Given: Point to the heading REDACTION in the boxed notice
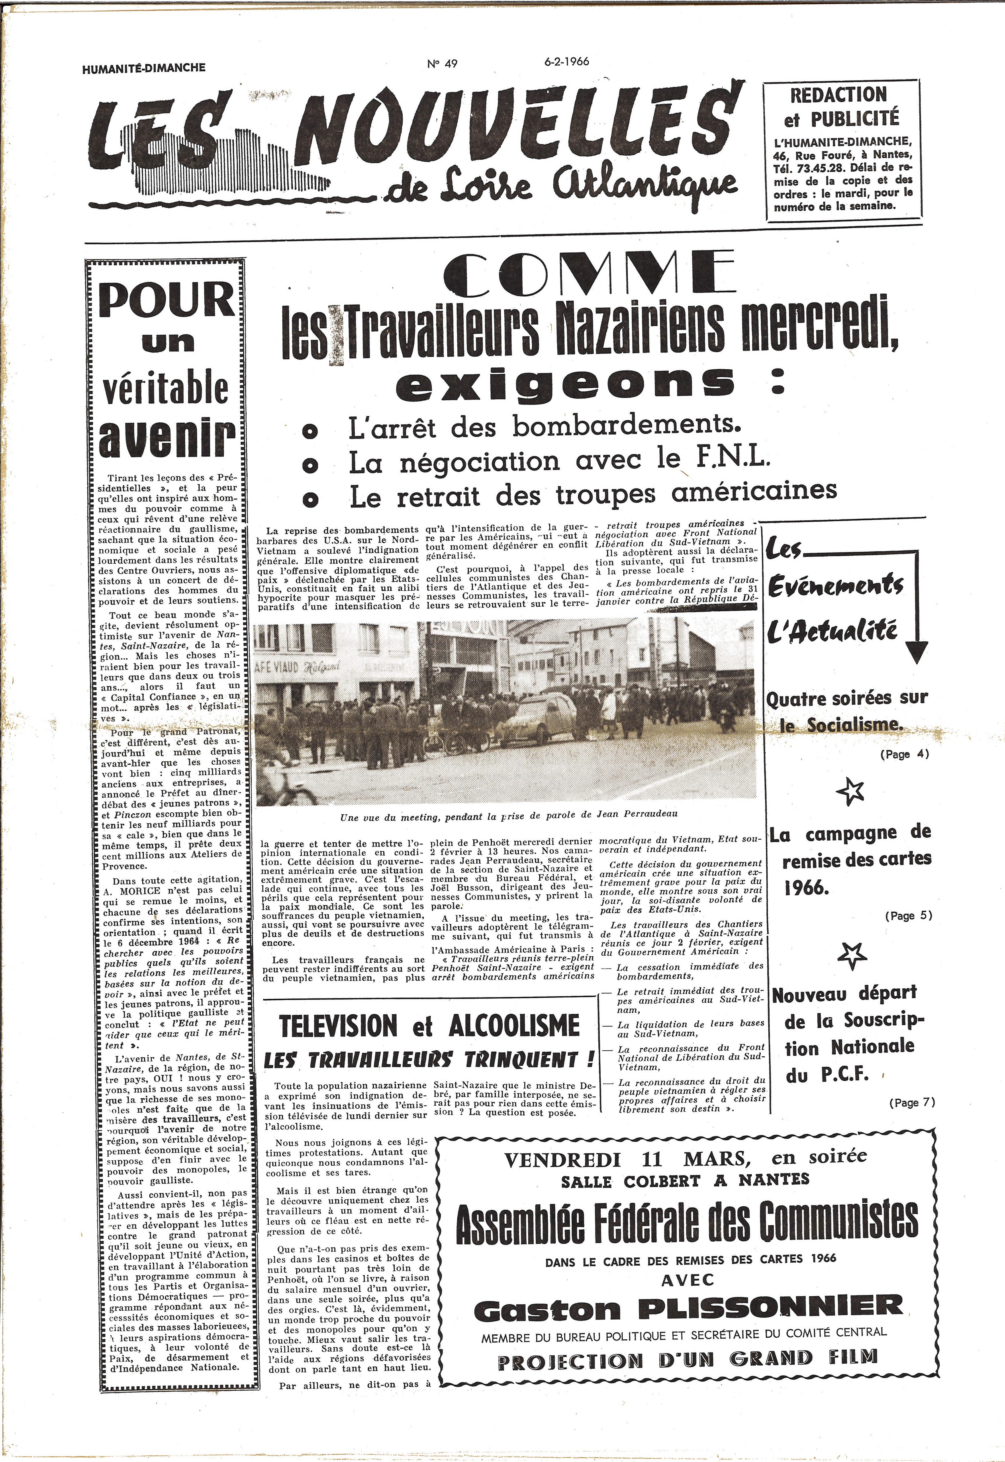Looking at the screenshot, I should pos(838,95).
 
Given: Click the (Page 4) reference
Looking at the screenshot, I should pos(904,754).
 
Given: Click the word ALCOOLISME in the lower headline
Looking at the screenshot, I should pos(513,1026).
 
